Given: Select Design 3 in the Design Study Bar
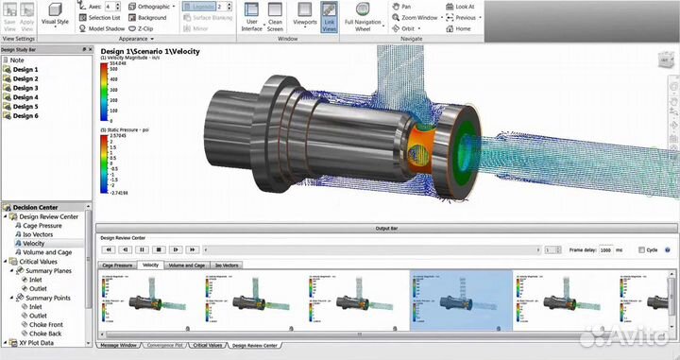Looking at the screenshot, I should [25, 88].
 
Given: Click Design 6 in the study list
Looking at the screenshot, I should [25, 115].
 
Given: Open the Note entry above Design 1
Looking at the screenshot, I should [19, 60].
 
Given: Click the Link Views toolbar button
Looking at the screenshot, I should [330, 19].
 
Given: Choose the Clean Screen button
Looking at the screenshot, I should [275, 19].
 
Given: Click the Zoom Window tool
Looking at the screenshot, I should [418, 17].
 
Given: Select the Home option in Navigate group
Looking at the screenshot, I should [463, 28].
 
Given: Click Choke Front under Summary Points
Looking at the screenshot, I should [45, 325].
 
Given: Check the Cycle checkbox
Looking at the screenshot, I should [642, 249].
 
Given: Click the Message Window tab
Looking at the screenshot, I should [119, 346].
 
